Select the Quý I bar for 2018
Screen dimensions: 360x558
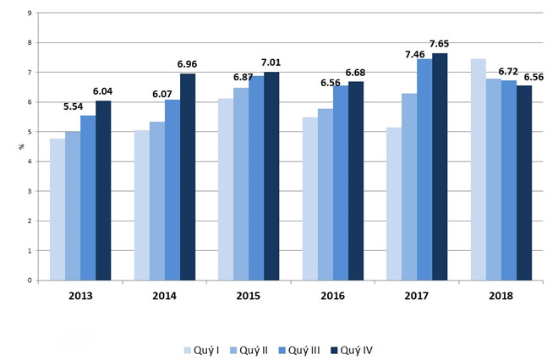coord(479,169)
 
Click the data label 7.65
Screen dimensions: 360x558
coord(440,44)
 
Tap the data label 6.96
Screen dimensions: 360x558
coord(188,64)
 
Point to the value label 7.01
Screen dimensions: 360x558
coord(271,63)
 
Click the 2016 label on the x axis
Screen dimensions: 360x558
coord(333,297)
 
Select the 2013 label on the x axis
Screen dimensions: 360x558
coord(80,297)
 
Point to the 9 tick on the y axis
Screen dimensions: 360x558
coord(30,13)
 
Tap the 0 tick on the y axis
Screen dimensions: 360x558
coord(30,281)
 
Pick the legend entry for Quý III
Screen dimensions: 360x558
coord(304,348)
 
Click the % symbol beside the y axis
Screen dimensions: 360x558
coord(21,147)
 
